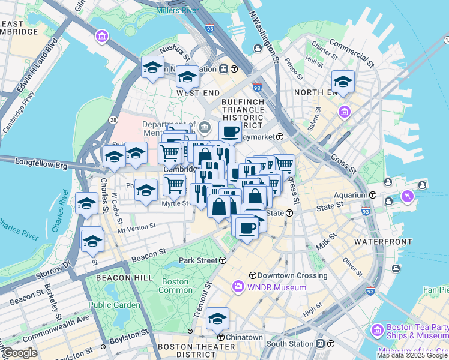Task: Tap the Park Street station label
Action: [198, 260]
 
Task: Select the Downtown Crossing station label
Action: [292, 275]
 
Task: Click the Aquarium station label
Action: [351, 195]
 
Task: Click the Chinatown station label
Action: [243, 337]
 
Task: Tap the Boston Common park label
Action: [175, 286]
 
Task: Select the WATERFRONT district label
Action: [383, 241]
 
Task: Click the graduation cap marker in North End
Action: [343, 81]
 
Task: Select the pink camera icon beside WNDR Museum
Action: [238, 287]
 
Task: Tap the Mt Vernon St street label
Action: [136, 227]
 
